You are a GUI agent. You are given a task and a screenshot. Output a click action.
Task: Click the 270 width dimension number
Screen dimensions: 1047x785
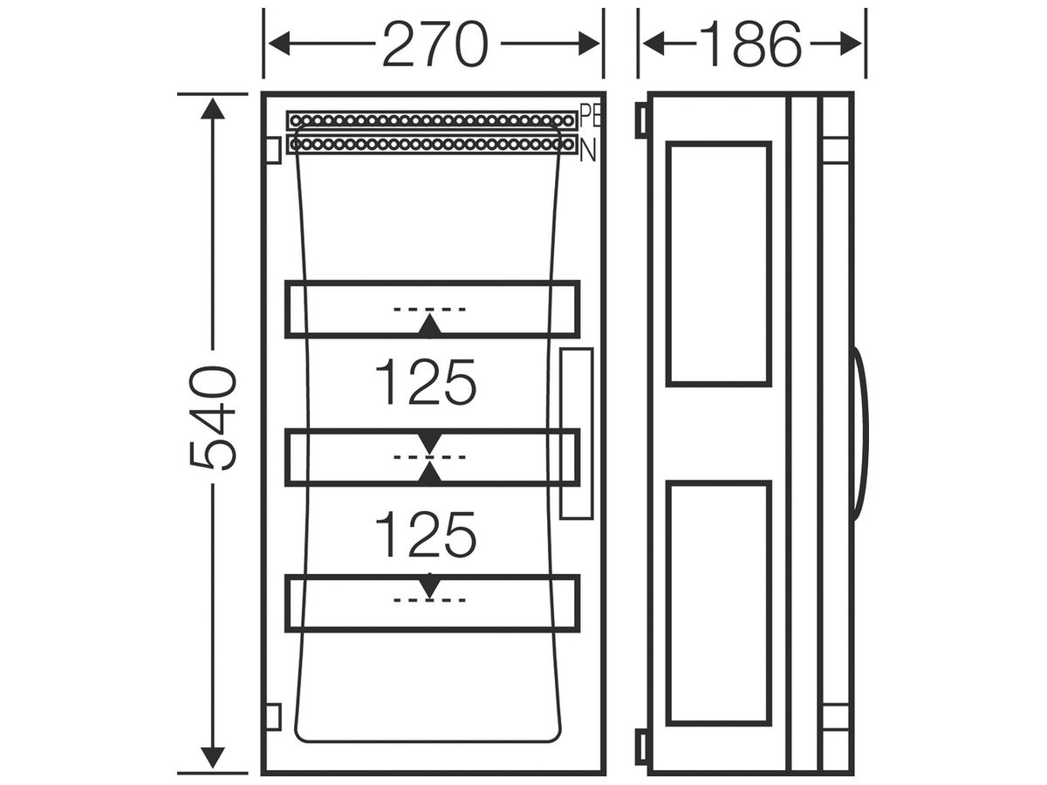(435, 44)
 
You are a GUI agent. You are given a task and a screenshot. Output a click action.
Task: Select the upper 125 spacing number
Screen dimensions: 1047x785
(426, 382)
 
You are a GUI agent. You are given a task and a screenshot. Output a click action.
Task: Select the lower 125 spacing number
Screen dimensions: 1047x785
(426, 535)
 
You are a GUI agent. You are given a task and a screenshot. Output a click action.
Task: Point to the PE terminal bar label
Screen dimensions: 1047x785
(589, 116)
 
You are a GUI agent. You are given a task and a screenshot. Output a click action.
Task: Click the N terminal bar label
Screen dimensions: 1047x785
(588, 152)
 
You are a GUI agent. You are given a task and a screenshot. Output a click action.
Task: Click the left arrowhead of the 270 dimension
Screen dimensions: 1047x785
(279, 44)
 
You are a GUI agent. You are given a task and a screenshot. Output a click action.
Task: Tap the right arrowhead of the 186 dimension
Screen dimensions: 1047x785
(851, 44)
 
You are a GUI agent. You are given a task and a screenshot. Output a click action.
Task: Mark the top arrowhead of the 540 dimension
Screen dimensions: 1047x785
(213, 108)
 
